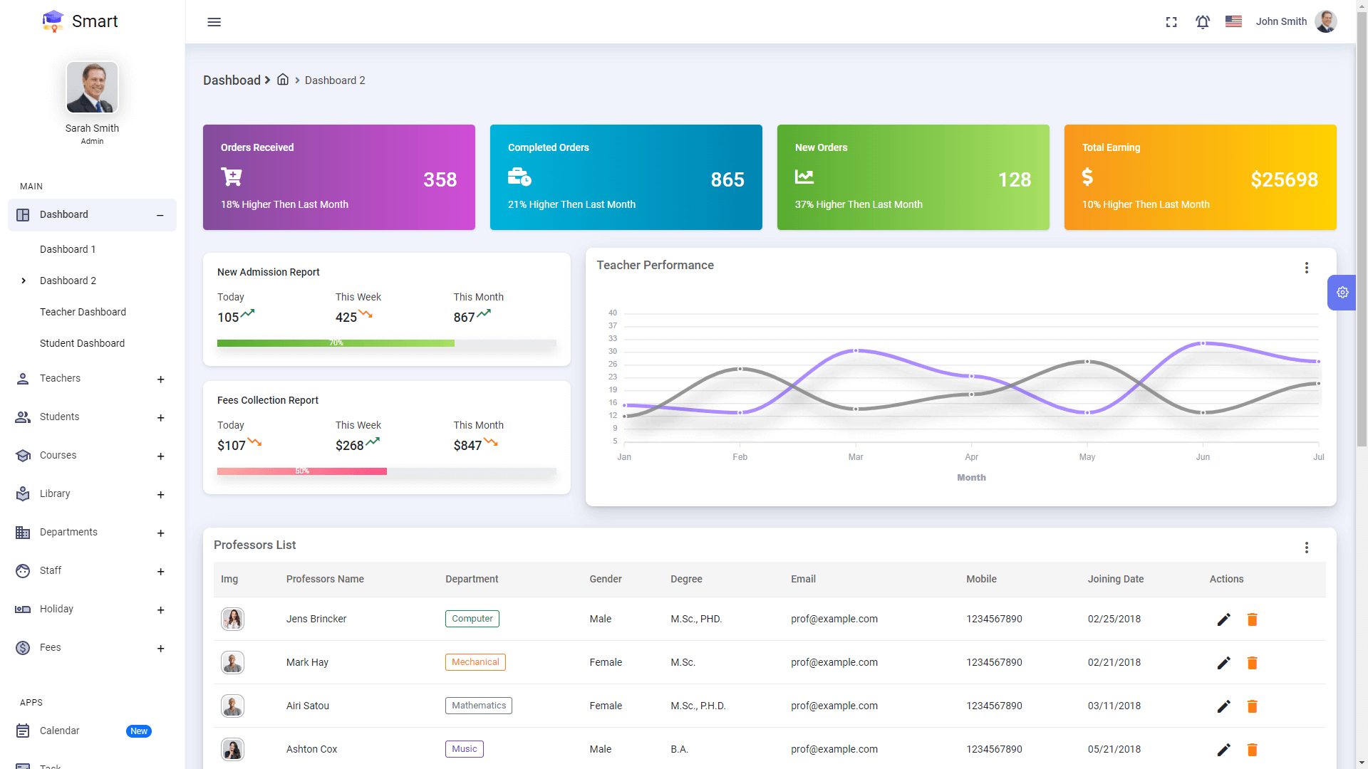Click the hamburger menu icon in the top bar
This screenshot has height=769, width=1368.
(x=214, y=22)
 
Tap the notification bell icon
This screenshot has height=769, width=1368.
(x=1203, y=22)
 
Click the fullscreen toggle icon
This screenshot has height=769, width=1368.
(x=1171, y=22)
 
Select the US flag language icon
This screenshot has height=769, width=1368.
(x=1233, y=21)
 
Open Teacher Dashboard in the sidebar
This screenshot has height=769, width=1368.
(x=83, y=312)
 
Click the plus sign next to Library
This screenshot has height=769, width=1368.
(x=160, y=495)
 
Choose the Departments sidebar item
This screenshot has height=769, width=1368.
(x=68, y=532)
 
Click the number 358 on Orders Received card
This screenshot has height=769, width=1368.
(x=440, y=179)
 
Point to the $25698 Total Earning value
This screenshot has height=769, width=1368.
(x=1284, y=179)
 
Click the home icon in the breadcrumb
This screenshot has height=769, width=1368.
(x=283, y=80)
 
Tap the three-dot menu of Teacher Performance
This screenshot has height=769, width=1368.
(x=1306, y=268)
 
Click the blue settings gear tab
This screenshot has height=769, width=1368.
(x=1342, y=293)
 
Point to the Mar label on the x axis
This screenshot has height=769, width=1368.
(x=855, y=457)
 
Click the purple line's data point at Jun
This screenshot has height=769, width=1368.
(x=1203, y=343)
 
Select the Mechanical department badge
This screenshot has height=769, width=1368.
(x=475, y=662)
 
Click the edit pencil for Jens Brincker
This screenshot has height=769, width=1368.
(x=1223, y=619)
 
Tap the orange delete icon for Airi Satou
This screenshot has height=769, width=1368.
(x=1252, y=706)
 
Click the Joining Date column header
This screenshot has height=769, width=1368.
(x=1115, y=579)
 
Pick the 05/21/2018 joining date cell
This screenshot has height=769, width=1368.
(x=1114, y=749)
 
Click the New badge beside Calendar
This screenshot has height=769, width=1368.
(x=139, y=731)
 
